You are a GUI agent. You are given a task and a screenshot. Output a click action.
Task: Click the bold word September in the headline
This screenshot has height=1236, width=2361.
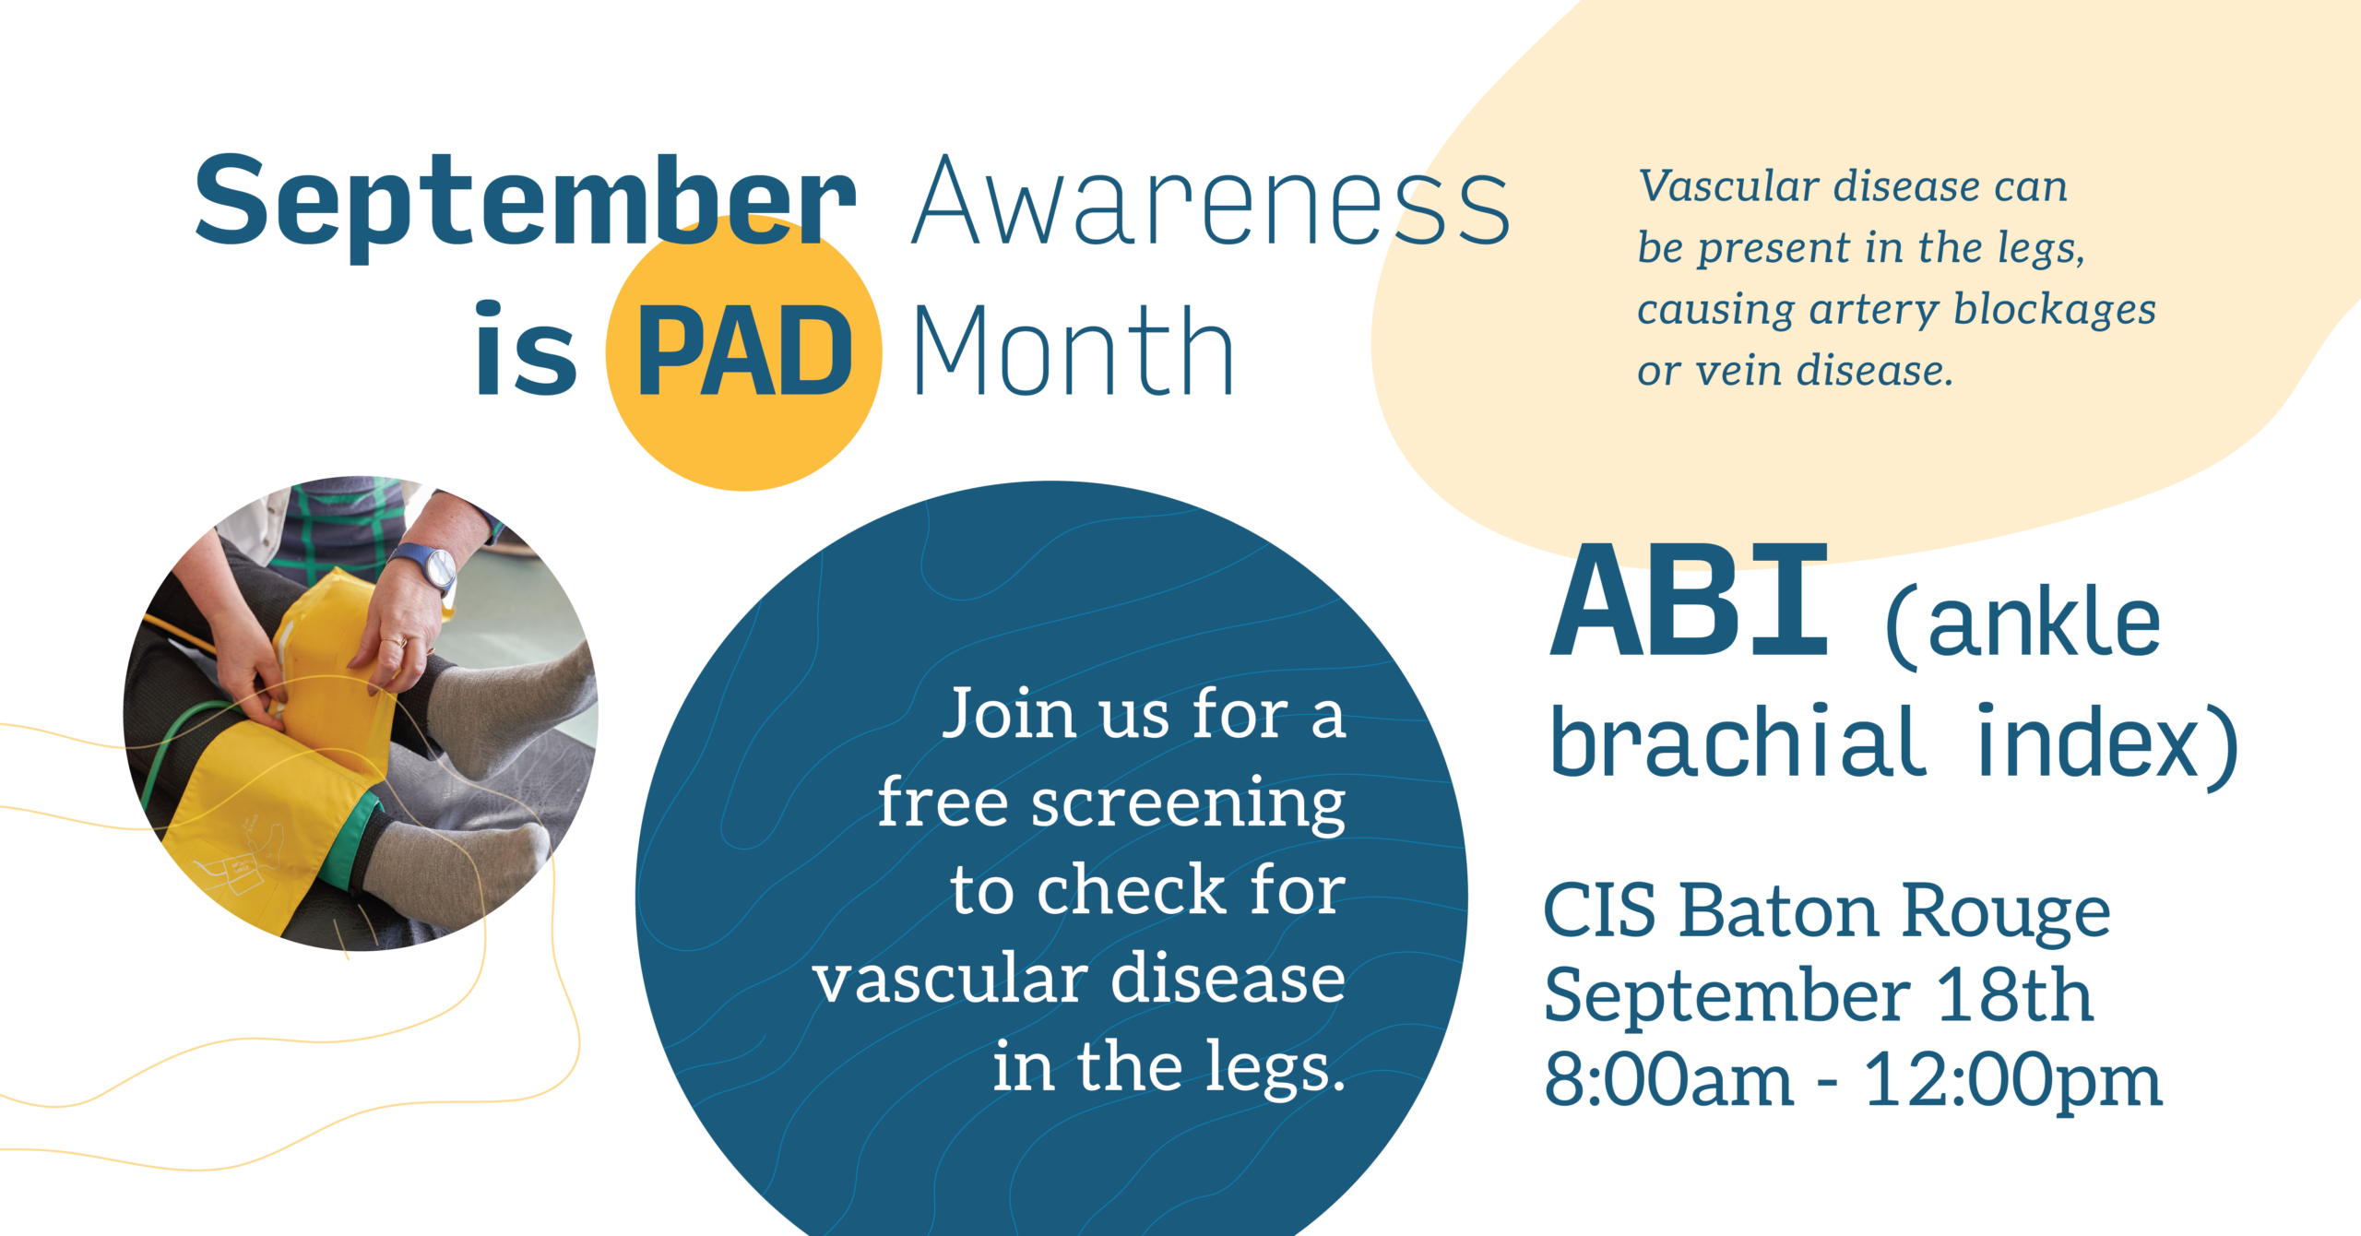[x=526, y=205]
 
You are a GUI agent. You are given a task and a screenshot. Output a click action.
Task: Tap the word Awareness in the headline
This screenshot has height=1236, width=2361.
[x=1211, y=200]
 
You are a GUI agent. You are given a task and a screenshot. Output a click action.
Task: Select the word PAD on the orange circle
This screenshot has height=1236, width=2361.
[x=745, y=351]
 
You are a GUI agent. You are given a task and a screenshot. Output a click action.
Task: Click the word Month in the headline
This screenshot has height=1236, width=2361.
[x=1073, y=351]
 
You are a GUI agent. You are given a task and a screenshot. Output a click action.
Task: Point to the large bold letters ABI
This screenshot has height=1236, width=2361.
[x=1689, y=600]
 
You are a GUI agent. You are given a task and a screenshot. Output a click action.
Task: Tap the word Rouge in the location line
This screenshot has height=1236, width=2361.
[x=2006, y=911]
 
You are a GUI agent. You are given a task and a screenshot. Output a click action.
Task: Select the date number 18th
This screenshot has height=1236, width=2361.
[x=2014, y=995]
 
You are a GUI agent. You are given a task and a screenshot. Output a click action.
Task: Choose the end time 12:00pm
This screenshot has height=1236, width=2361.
[x=2013, y=1081]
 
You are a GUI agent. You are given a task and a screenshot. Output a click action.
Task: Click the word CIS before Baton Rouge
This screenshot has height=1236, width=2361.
[x=1600, y=910]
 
